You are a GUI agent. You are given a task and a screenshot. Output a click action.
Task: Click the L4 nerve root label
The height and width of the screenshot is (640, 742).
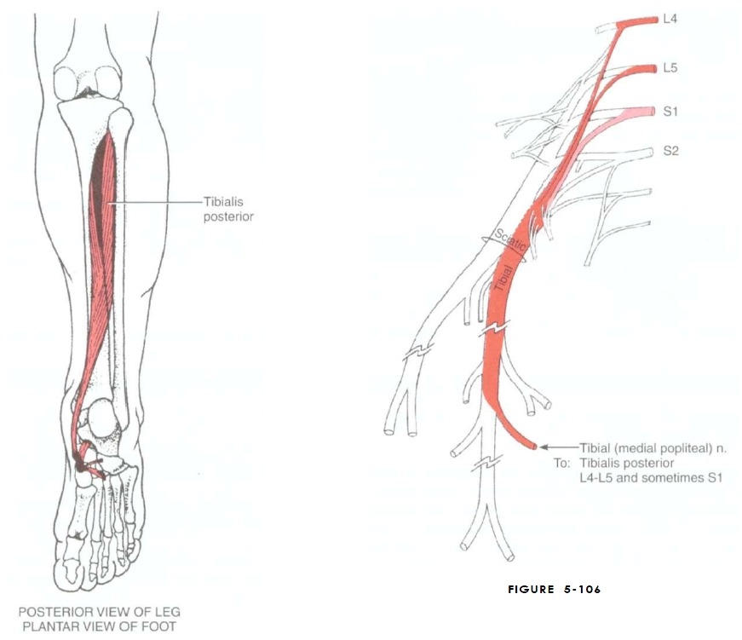(x=670, y=20)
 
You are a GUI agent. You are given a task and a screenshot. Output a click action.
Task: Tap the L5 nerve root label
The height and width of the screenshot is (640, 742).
(x=670, y=68)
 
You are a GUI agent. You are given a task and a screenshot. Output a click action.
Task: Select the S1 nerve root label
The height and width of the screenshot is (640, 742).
(x=670, y=112)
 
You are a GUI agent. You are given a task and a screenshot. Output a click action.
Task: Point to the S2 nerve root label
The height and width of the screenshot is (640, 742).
(x=670, y=151)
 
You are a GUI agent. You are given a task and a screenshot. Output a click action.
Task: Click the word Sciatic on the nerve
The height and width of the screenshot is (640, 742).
(x=509, y=240)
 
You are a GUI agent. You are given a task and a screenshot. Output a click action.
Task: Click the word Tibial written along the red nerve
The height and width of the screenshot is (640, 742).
(x=503, y=278)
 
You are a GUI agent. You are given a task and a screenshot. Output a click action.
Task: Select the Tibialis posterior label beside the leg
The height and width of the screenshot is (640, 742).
(x=228, y=210)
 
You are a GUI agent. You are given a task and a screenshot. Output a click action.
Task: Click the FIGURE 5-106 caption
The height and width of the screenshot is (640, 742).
(x=554, y=590)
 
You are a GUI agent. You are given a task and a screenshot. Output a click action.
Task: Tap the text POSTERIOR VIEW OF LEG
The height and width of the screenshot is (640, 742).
(x=100, y=612)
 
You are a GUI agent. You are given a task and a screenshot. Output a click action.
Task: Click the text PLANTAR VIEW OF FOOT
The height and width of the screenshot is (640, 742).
(x=100, y=626)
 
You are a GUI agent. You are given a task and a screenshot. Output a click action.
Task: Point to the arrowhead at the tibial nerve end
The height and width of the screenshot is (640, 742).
(x=544, y=447)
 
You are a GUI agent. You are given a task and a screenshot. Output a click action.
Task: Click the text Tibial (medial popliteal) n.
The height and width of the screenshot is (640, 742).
(x=653, y=447)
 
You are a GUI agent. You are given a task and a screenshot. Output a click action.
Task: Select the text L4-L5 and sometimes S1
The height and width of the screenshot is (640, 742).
(x=651, y=477)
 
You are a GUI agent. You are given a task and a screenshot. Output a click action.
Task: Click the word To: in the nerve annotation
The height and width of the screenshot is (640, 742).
(x=561, y=463)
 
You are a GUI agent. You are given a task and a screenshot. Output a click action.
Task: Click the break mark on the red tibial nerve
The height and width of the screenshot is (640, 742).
(x=494, y=328)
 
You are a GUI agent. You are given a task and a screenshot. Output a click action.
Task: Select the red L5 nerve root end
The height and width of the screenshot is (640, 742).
(x=654, y=69)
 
